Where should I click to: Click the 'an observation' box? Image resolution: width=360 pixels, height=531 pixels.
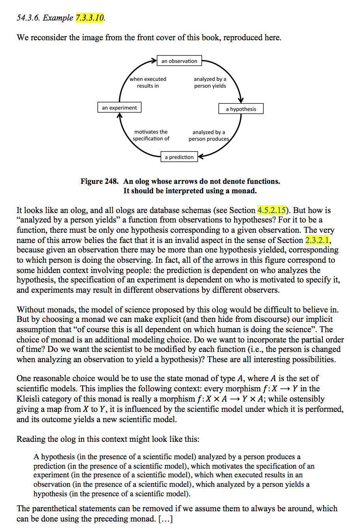(179, 61)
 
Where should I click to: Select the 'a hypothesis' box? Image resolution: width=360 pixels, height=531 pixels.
(241, 109)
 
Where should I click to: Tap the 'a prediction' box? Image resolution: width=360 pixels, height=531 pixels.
(179, 157)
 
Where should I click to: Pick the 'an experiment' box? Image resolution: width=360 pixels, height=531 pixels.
(119, 107)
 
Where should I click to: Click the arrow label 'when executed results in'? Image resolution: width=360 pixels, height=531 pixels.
(148, 82)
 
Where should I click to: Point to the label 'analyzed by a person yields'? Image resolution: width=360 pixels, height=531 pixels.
(210, 82)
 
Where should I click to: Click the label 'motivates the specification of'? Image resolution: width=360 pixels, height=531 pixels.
(151, 135)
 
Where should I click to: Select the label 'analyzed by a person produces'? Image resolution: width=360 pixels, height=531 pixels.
(208, 135)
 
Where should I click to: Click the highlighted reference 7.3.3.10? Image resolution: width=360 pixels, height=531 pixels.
(90, 18)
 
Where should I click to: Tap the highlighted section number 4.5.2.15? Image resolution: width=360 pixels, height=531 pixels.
(271, 210)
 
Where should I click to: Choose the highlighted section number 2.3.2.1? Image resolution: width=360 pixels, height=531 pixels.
(317, 240)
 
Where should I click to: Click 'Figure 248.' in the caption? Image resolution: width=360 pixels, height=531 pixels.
(99, 181)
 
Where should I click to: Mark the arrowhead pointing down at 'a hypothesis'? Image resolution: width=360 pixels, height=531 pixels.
(241, 100)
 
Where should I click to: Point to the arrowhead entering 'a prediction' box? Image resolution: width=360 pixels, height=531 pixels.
(201, 157)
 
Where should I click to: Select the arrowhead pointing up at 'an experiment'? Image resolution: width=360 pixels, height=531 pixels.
(120, 116)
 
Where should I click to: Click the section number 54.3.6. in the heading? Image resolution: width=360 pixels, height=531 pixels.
(28, 18)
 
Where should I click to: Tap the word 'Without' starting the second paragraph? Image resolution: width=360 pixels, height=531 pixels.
(30, 310)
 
